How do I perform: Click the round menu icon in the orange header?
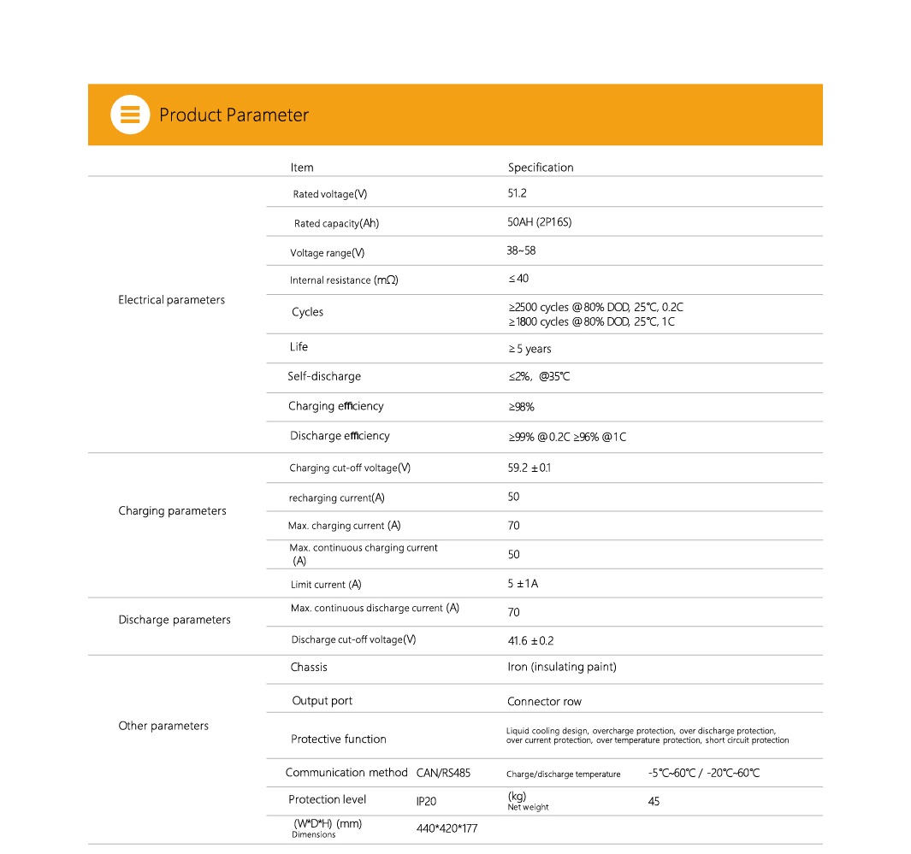click(130, 115)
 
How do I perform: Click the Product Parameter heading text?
click(234, 115)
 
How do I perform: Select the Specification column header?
click(541, 168)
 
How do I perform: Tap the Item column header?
click(302, 168)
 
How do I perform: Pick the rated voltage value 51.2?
click(518, 194)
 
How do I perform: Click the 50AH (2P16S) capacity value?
click(539, 222)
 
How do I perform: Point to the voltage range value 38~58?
click(521, 251)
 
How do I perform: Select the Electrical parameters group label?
click(171, 300)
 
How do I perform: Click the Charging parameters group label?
click(172, 511)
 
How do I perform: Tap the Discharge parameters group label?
click(175, 620)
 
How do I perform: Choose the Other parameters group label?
click(163, 726)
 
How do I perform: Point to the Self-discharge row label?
click(324, 376)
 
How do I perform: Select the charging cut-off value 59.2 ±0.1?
click(529, 468)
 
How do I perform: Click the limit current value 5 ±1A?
click(523, 584)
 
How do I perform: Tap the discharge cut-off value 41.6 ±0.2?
click(530, 640)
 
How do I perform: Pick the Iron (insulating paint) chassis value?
click(562, 667)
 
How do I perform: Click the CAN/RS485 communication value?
click(443, 773)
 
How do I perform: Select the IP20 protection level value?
click(426, 801)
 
